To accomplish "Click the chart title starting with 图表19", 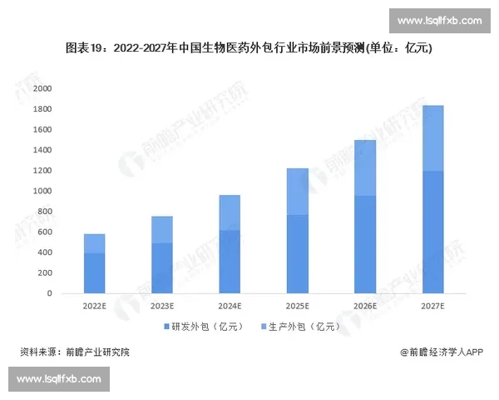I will (249, 49).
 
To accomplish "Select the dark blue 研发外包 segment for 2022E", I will (94, 273).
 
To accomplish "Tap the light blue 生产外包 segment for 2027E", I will (432, 138).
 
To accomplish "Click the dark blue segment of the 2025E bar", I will (297, 254).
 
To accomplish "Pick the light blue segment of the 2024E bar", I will (230, 212).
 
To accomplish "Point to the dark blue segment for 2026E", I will (365, 245).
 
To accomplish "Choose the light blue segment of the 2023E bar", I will (161, 230).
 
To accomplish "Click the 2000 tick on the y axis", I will (42, 88).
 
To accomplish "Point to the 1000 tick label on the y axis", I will (42, 191).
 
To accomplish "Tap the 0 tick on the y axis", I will (49, 293).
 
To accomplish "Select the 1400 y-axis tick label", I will (42, 150).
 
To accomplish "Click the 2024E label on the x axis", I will (230, 307).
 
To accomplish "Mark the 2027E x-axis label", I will (432, 307).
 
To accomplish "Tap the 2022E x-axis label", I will (94, 307).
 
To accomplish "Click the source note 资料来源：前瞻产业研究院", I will (75, 352).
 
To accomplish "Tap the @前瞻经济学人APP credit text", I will (441, 352).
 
